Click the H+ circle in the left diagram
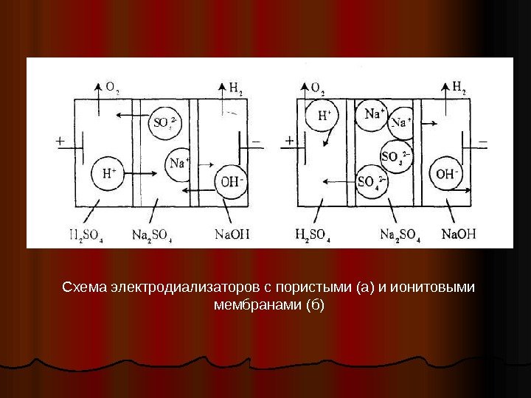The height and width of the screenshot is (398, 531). [108, 175]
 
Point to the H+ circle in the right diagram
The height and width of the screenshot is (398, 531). [325, 116]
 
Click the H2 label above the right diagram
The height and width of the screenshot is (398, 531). [457, 89]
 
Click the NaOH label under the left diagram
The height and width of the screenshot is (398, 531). [232, 235]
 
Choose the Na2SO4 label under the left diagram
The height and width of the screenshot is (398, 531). [151, 235]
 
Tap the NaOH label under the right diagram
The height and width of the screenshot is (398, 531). [459, 235]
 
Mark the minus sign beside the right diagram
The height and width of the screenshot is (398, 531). [484, 138]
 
